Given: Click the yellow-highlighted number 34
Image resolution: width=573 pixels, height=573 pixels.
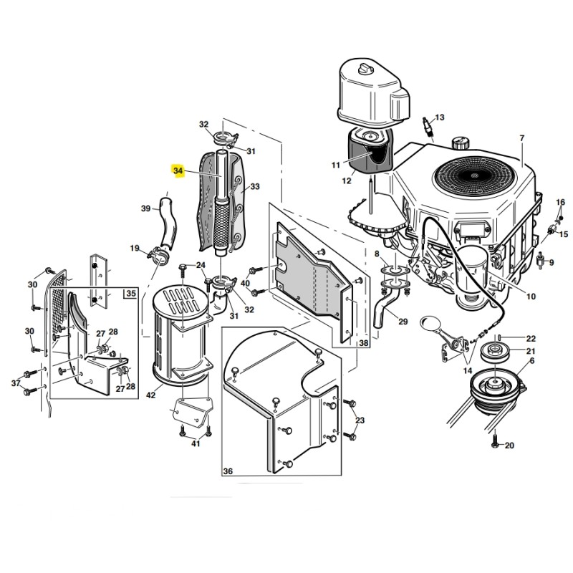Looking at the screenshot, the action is (x=178, y=171).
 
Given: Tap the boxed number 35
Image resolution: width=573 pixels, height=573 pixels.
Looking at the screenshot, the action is (x=130, y=294).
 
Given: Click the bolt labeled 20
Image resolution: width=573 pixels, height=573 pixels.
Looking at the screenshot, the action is (x=495, y=442).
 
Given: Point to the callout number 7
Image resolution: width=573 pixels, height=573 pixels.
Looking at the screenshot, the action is (x=522, y=138).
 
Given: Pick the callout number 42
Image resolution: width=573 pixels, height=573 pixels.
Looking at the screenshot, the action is (x=150, y=395).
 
